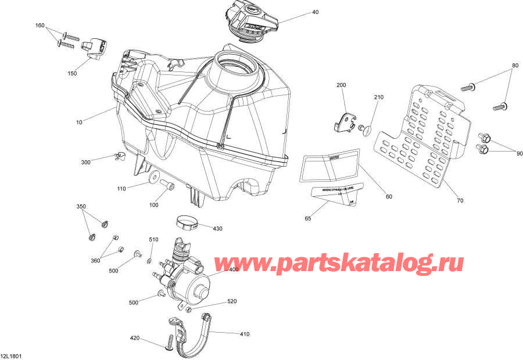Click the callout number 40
316,12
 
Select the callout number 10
79,123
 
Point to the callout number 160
40,26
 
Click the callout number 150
72,74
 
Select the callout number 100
153,205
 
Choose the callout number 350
81,207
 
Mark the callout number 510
153,240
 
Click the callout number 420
135,337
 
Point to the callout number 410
245,334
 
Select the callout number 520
232,302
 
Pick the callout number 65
308,218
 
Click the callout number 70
460,201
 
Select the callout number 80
514,65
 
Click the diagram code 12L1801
12,355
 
